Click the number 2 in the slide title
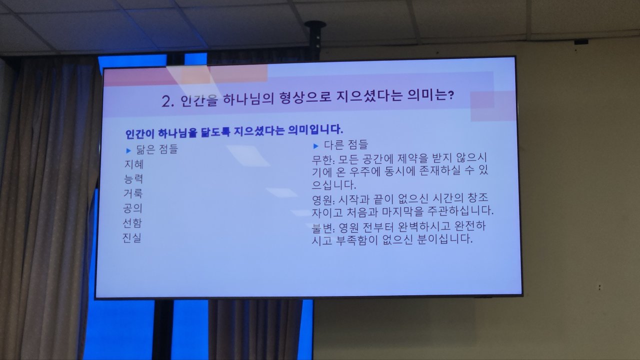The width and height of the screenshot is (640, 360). tap(166, 101)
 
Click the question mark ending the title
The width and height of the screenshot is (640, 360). tap(450, 95)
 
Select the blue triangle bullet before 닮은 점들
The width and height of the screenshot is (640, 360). tap(128, 150)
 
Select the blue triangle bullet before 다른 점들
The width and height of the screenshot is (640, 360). tap(315, 146)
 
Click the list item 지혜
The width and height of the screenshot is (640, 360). tap(134, 164)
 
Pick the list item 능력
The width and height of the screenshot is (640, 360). tap(133, 179)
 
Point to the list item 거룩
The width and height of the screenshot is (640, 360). tap(133, 193)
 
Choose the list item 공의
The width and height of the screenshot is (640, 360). tap(132, 208)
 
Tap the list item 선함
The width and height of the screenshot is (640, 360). tap(132, 223)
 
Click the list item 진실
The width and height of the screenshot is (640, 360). tap(132, 237)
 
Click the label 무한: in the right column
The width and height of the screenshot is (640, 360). tap(323, 159)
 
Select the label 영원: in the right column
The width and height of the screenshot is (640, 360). tap(323, 200)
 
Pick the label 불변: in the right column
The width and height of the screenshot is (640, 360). tap(323, 228)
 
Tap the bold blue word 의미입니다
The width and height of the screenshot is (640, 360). tap(315, 130)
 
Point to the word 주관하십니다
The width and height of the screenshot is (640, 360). tap(460, 211)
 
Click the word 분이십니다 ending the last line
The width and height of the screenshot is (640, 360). tap(445, 239)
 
